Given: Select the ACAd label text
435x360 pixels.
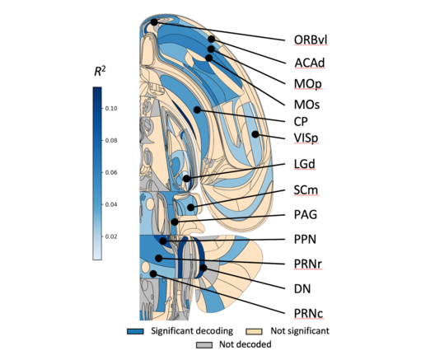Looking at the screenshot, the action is pos(309,63).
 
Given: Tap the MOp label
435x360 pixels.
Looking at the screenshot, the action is pos(308,84).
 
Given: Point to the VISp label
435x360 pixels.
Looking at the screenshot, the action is pos(306,138).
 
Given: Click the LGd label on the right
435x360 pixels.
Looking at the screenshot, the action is pos(305,164).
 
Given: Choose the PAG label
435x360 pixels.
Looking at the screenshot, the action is pos(305,215).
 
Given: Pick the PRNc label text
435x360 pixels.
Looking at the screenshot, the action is pos(308,314).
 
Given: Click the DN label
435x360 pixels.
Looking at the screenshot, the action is pos(302,289).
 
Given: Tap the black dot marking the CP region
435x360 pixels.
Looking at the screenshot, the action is pos(197,110).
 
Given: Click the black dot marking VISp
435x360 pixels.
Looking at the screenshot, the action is pos(255,134).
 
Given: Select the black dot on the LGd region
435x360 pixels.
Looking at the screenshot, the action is pos(187,179).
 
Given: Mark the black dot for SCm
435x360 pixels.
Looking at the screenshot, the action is pos(190,207).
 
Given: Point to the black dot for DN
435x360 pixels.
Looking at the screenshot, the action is pos(203,268).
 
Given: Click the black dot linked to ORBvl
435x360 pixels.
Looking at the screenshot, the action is pos(154,22).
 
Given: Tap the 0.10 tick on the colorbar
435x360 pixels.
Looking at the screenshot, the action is pos(111,109).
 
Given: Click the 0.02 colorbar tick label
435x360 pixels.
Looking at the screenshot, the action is pos(111,236).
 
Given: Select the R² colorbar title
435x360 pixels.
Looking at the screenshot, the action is pos(100,72).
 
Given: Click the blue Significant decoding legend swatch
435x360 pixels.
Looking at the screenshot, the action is pos(135,331).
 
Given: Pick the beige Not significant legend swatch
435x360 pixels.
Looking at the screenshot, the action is pos(254,331).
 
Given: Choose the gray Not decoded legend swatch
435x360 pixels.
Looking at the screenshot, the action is pos(204,344).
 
